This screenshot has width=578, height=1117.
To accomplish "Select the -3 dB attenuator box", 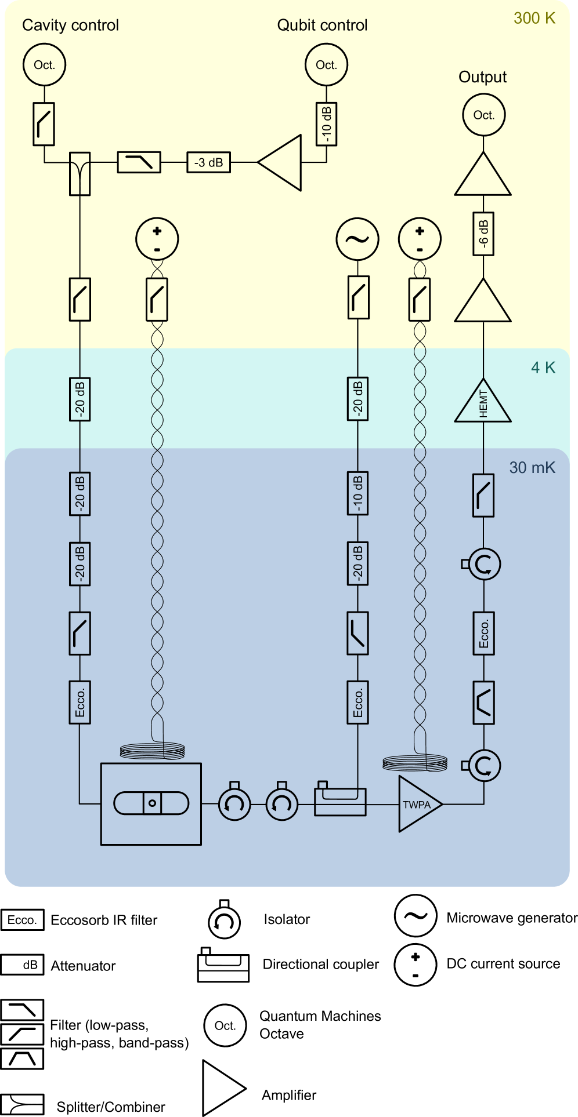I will click(208, 162).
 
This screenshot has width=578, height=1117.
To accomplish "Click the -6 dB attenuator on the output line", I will click(483, 234).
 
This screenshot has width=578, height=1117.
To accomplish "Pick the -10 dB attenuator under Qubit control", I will click(326, 124).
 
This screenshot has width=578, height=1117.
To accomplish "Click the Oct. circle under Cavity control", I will click(44, 65).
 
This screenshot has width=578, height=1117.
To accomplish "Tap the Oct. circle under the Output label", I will click(483, 115).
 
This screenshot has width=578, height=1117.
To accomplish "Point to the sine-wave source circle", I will click(357, 239).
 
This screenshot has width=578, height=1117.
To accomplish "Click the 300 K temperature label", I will click(534, 18).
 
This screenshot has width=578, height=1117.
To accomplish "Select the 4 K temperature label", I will click(543, 367).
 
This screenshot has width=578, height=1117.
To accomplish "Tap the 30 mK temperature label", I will click(532, 467).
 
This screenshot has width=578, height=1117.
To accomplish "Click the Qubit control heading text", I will click(322, 26).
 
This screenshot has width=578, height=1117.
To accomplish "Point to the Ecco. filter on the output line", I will click(483, 634).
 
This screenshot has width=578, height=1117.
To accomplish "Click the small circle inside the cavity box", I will click(152, 803).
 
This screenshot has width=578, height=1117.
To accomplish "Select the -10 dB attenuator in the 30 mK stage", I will click(357, 494).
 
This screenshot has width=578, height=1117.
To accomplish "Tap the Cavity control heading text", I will click(70, 26).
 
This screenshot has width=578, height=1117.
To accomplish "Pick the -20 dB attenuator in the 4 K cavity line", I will click(80, 399).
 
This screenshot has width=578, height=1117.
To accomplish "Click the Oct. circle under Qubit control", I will click(326, 65).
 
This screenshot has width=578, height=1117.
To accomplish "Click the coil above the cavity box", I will click(152, 752).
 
